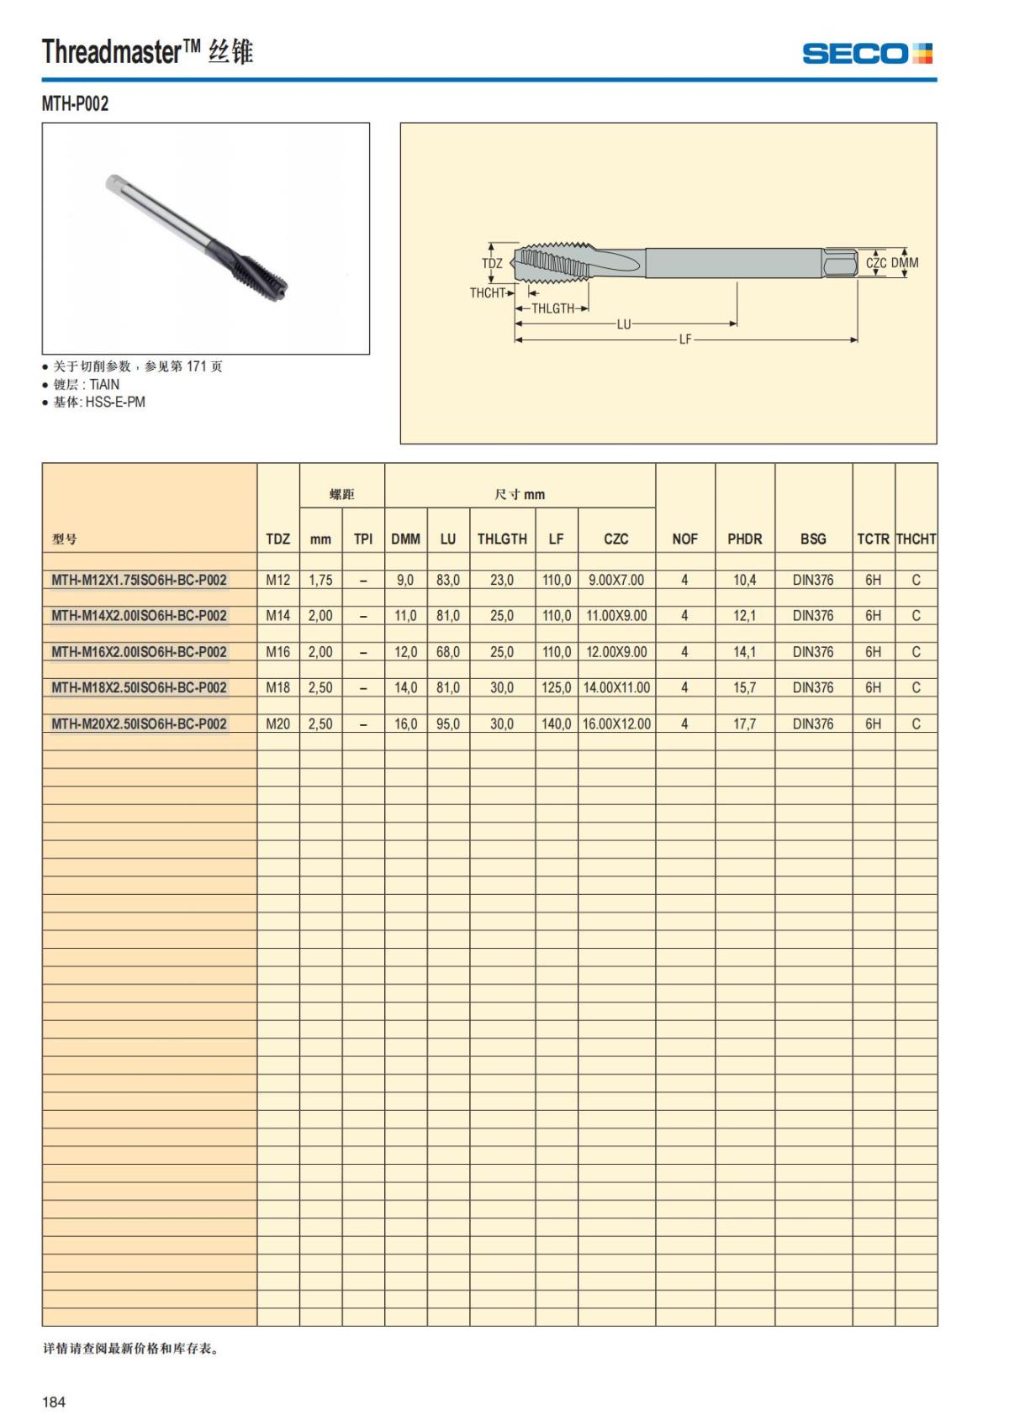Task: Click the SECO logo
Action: tap(867, 54)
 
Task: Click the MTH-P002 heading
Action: tap(75, 103)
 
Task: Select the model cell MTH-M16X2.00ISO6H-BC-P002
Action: tap(139, 651)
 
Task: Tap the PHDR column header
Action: tap(744, 539)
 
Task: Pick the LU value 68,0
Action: tap(447, 651)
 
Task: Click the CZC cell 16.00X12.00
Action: tap(616, 724)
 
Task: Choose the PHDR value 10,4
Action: tap(744, 580)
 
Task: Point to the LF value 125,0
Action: tap(556, 687)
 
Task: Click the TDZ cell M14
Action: tap(277, 616)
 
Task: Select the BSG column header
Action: tap(813, 539)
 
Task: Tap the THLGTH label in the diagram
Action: tap(552, 308)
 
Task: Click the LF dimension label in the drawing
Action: tap(685, 339)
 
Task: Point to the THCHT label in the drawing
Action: tap(487, 292)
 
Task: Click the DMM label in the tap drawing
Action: tap(905, 263)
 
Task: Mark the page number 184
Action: tap(54, 1401)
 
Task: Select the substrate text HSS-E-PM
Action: tap(114, 402)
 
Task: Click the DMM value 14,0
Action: tap(405, 687)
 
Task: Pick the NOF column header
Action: tap(684, 539)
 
